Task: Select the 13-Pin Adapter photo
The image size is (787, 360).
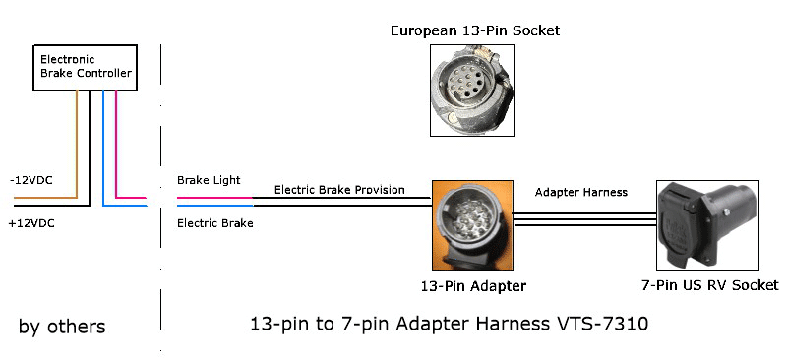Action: [x=472, y=225]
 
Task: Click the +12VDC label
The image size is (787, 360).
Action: [x=30, y=224]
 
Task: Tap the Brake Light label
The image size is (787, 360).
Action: [x=209, y=181]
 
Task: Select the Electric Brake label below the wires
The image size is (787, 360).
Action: [x=214, y=223]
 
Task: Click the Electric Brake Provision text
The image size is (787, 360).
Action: [x=339, y=190]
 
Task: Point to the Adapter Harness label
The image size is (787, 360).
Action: [x=580, y=192]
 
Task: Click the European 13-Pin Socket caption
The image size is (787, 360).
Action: [x=475, y=30]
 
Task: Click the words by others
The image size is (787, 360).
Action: [x=62, y=326]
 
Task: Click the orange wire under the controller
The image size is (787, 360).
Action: [x=76, y=138]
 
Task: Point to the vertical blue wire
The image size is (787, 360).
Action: [x=103, y=148]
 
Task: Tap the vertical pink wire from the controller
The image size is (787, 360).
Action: [x=117, y=143]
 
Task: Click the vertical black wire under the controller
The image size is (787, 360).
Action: [x=90, y=148]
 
